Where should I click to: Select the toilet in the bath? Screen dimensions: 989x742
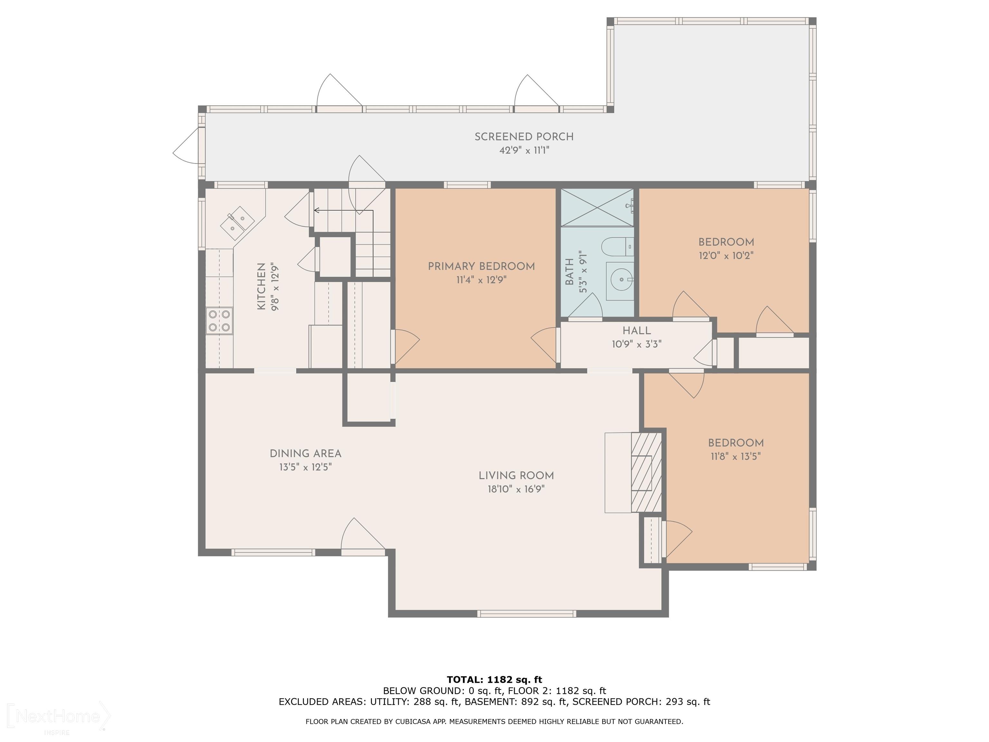click(x=617, y=246)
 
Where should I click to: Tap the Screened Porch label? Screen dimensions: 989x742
click(x=524, y=137)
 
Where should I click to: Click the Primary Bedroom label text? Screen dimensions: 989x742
click(x=481, y=267)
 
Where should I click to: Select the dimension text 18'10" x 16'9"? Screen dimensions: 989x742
click(x=516, y=489)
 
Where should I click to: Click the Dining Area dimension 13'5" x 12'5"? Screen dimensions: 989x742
click(x=306, y=467)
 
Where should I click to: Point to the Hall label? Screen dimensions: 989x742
click(x=637, y=331)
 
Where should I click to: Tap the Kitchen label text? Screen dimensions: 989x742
click(x=261, y=286)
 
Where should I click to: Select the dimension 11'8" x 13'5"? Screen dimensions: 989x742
click(x=736, y=457)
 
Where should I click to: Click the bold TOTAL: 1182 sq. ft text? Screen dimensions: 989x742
click(x=494, y=680)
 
